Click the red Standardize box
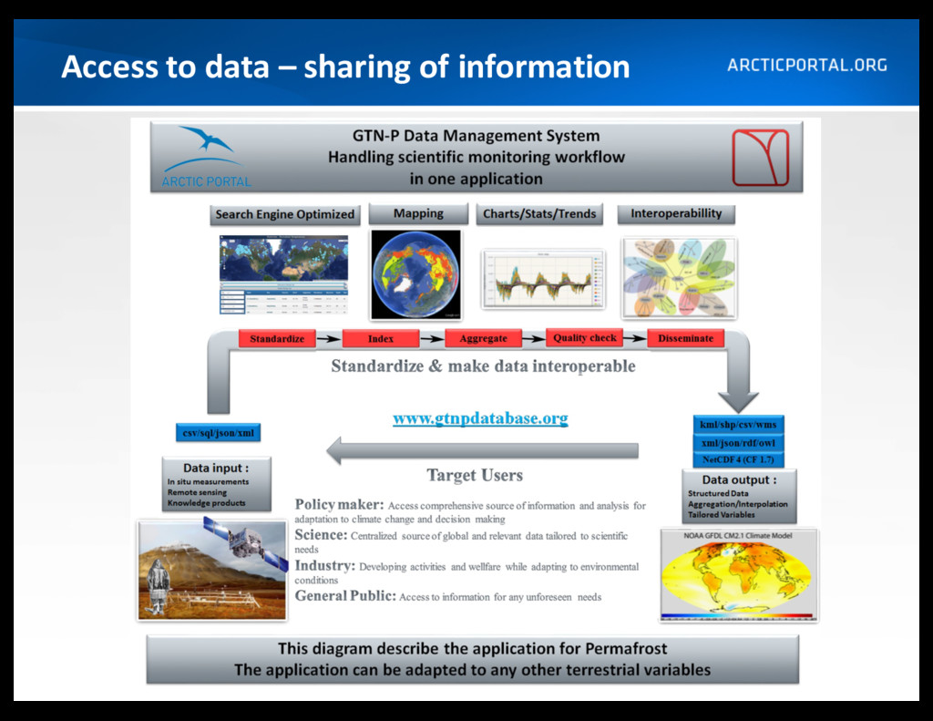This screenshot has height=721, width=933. click(277, 339)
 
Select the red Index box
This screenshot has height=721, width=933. click(381, 339)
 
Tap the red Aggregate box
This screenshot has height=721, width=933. click(483, 339)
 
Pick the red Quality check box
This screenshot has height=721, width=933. click(584, 338)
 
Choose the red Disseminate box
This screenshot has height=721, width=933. click(685, 338)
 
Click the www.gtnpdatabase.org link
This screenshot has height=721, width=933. click(480, 418)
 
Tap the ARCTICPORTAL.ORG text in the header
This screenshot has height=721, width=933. click(807, 66)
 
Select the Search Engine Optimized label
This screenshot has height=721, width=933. click(284, 215)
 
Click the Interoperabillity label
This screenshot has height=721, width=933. click(676, 214)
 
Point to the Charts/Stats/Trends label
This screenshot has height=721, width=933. click(539, 214)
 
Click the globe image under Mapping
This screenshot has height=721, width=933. click(415, 274)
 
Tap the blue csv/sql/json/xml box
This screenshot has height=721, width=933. click(219, 433)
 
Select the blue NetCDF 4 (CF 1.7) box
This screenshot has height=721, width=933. click(738, 460)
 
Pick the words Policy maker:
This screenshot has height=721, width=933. click(339, 505)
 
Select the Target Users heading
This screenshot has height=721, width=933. click(475, 475)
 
